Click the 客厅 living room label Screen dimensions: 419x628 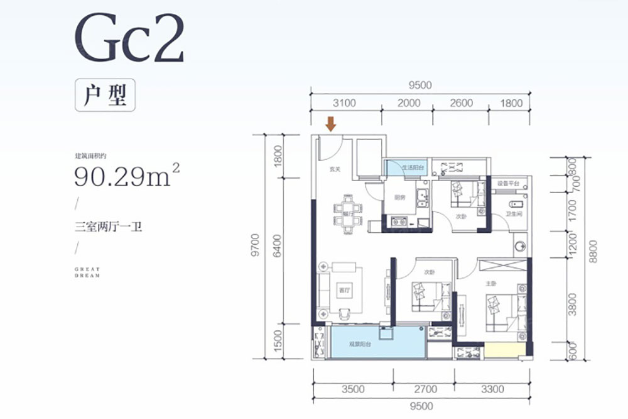click(x=343, y=291)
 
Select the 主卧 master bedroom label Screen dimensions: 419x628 click(x=492, y=283)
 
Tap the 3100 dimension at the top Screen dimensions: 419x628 click(x=345, y=103)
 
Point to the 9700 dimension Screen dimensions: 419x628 click(x=254, y=245)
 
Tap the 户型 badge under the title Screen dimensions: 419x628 click(x=105, y=96)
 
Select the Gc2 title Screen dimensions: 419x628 click(x=129, y=39)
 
